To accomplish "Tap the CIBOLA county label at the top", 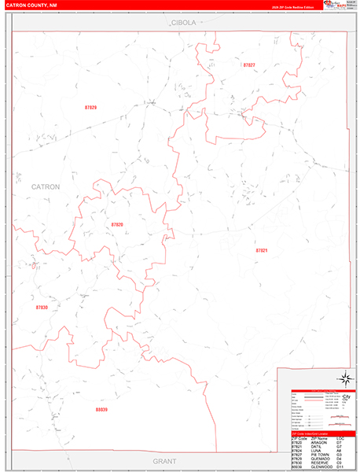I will click(184, 24).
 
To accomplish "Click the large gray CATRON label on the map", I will click(46, 186).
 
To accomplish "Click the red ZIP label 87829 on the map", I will click(90, 106).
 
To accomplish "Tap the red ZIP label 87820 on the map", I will click(117, 225).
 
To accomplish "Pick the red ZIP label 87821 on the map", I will click(262, 250).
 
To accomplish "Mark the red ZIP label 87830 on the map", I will click(42, 308).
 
